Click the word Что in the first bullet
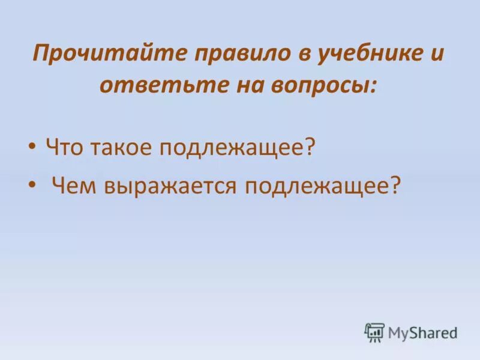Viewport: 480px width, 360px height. coord(65,147)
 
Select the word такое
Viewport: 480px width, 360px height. coord(122,147)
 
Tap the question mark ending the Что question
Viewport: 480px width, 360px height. coord(310,147)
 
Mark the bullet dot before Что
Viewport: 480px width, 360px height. coord(32,148)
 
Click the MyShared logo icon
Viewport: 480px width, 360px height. coord(374,332)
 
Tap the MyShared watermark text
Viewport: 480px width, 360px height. coord(422,332)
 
